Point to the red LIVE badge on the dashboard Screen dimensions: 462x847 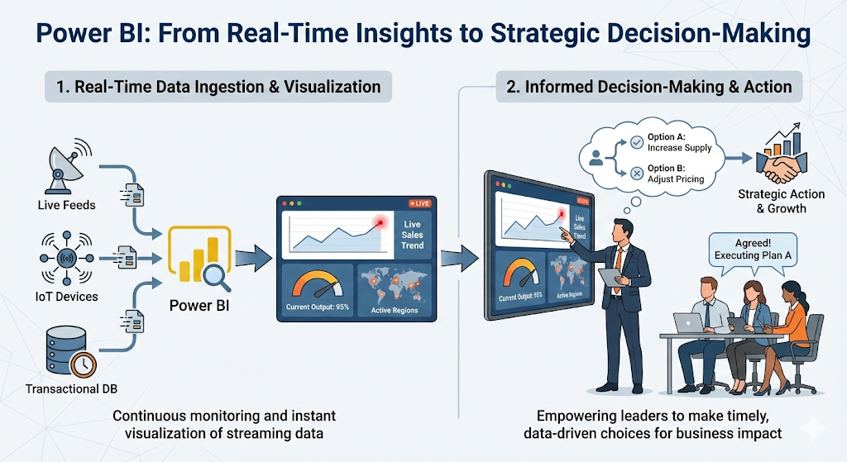(x=421, y=203)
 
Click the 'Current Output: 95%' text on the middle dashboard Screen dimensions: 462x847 (x=318, y=307)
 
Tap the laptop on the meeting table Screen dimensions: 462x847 (x=689, y=322)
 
